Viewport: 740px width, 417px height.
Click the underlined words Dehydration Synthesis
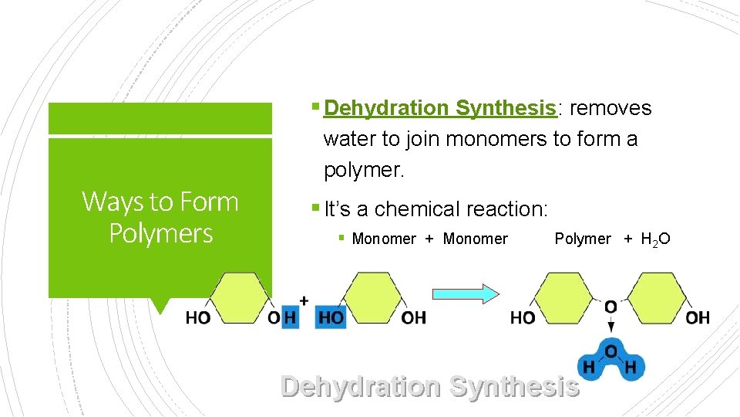click(440, 108)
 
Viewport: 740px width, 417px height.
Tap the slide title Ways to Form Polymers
click(160, 217)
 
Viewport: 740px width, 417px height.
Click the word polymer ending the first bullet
click(362, 170)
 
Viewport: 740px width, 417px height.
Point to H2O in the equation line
click(655, 239)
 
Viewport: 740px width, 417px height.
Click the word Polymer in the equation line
click(583, 239)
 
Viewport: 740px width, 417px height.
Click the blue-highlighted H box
click(290, 317)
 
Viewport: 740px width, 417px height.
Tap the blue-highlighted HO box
click(331, 317)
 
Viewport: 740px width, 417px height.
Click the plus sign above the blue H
click(304, 300)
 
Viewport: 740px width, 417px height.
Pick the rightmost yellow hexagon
click(657, 297)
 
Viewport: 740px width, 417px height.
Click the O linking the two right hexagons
click(610, 307)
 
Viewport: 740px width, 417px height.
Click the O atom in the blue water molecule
click(610, 352)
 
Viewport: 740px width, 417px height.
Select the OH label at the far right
click(698, 317)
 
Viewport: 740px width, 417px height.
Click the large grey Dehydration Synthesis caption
click(429, 386)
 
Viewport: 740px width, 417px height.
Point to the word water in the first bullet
click(347, 139)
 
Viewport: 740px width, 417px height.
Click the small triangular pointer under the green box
click(160, 306)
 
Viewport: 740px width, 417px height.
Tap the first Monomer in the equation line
click(383, 239)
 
